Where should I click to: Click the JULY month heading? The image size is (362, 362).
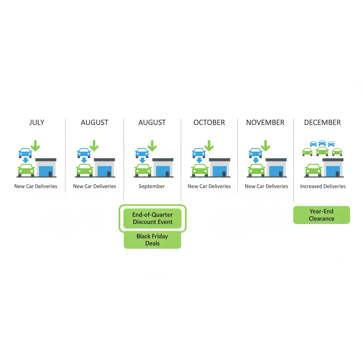[x=36, y=122]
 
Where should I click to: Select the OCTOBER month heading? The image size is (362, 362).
[x=209, y=122]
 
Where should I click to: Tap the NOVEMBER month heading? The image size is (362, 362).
[x=265, y=122]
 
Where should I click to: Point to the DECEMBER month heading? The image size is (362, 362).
[x=322, y=122]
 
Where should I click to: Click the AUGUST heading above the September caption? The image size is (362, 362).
[x=152, y=122]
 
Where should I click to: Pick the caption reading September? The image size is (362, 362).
[x=152, y=186]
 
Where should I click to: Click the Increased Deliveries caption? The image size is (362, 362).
[x=323, y=186]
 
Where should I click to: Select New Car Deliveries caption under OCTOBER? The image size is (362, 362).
[x=209, y=186]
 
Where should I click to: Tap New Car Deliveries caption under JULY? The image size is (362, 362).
[x=36, y=186]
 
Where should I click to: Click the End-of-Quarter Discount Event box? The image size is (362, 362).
[x=152, y=218]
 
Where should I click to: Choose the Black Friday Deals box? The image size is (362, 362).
[x=152, y=240]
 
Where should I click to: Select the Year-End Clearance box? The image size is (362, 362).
[x=322, y=215]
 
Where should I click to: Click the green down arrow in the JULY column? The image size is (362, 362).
[x=35, y=146]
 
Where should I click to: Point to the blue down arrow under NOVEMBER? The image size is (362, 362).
[x=256, y=160]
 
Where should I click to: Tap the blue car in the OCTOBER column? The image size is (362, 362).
[x=199, y=153]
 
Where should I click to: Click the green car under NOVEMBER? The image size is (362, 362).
[x=257, y=170]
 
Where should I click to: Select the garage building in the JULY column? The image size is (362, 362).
[x=46, y=168]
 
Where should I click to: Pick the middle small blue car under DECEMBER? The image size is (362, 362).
[x=322, y=143]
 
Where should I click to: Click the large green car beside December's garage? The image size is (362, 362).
[x=313, y=170]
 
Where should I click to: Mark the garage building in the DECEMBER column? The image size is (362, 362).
[x=333, y=168]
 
